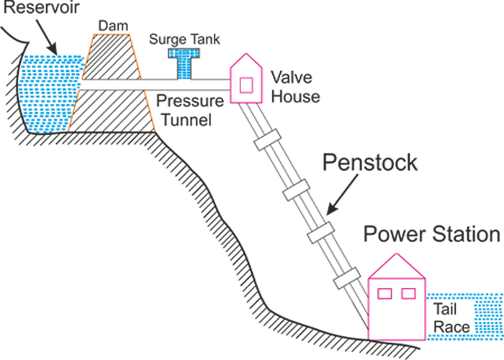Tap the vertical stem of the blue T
pos(184,69)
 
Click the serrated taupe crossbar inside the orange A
pos(115,86)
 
